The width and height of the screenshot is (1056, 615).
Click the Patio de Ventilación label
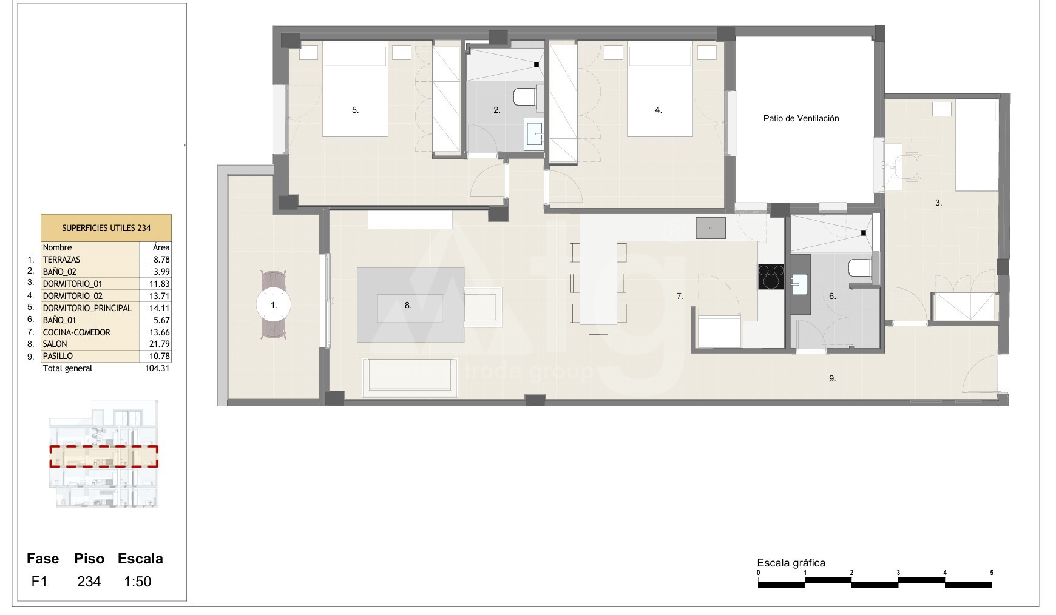pyautogui.click(x=801, y=118)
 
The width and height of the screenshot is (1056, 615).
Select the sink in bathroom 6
pyautogui.click(x=800, y=283)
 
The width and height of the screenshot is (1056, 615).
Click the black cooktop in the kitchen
pyautogui.click(x=771, y=277)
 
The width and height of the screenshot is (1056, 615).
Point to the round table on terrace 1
pyautogui.click(x=274, y=305)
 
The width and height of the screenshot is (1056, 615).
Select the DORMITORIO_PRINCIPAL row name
pyautogui.click(x=87, y=308)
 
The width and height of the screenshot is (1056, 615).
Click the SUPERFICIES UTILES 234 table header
pyautogui.click(x=106, y=228)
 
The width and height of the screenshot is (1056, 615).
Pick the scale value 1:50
pyautogui.click(x=138, y=582)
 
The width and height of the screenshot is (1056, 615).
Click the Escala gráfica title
pyautogui.click(x=791, y=563)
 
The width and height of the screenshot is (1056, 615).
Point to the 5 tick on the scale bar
pyautogui.click(x=992, y=573)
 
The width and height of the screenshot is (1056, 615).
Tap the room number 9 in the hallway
pyautogui.click(x=833, y=378)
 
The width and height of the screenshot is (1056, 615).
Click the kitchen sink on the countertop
pyautogui.click(x=711, y=228)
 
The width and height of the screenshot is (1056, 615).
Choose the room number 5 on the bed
pyautogui.click(x=356, y=110)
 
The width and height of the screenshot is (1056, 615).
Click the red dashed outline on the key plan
pyautogui.click(x=104, y=457)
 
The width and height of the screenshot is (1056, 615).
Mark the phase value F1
pyautogui.click(x=39, y=582)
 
